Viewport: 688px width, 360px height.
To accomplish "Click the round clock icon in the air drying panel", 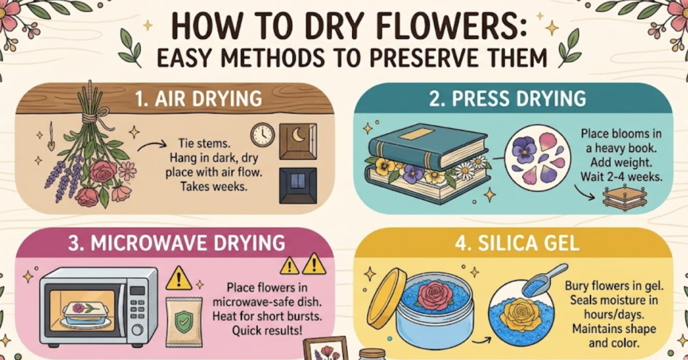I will pyautogui.click(x=262, y=135).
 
